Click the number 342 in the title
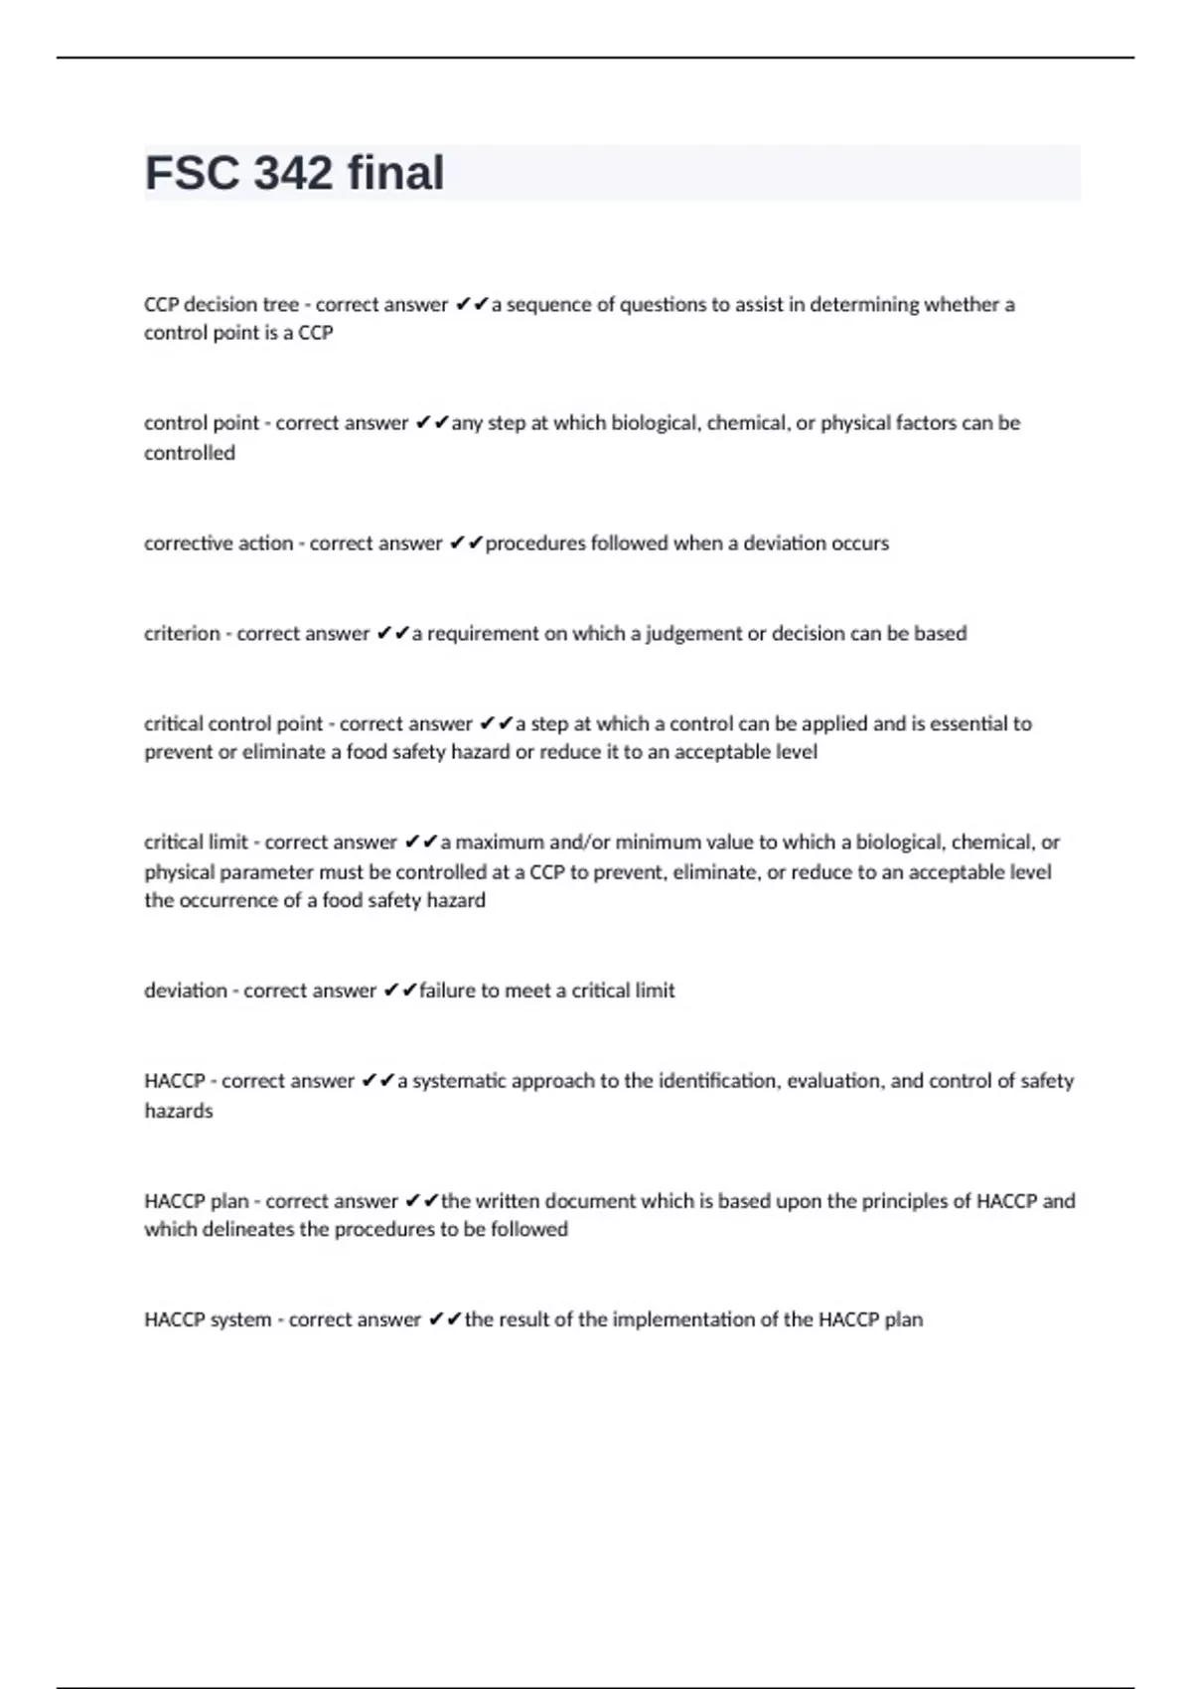[293, 173]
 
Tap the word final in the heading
[395, 173]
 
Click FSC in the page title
[193, 173]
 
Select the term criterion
[182, 634]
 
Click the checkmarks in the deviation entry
[399, 991]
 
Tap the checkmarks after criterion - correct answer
[392, 634]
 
